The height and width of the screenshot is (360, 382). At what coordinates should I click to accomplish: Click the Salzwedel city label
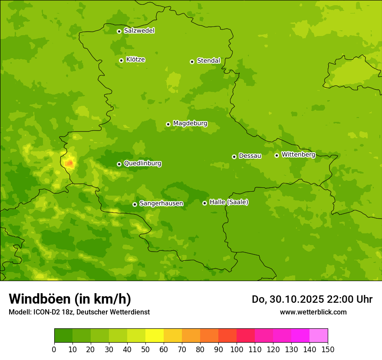(x=139, y=31)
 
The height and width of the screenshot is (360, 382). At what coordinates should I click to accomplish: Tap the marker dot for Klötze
(x=121, y=60)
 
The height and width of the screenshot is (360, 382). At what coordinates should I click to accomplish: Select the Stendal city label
(x=208, y=61)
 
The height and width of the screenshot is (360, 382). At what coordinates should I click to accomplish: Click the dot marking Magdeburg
(x=168, y=124)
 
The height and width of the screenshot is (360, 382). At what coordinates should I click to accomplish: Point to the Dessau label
(x=250, y=156)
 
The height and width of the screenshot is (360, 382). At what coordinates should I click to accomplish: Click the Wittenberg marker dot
(x=277, y=155)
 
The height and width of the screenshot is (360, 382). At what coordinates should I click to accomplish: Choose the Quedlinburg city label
(x=142, y=164)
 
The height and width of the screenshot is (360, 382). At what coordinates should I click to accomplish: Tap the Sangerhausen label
(x=161, y=203)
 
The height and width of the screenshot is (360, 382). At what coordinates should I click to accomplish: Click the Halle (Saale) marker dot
(x=204, y=203)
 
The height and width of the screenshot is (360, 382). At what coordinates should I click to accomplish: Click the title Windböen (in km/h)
(x=70, y=299)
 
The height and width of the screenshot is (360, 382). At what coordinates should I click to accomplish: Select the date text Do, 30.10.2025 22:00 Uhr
(x=312, y=299)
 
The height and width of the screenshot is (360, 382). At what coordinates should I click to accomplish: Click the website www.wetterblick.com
(x=313, y=312)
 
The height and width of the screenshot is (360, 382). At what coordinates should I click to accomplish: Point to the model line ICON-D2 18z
(x=79, y=312)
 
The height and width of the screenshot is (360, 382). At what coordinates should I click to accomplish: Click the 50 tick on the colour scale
(x=145, y=349)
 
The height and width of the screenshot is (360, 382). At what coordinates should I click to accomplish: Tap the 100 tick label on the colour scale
(x=237, y=349)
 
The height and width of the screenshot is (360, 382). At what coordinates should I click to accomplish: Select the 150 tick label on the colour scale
(x=328, y=349)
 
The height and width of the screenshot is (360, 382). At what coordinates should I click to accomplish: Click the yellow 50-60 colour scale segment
(x=155, y=336)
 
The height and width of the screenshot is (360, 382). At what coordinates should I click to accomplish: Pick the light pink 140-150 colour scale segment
(x=319, y=336)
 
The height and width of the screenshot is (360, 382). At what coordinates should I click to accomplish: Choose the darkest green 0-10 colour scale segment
(x=63, y=336)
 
